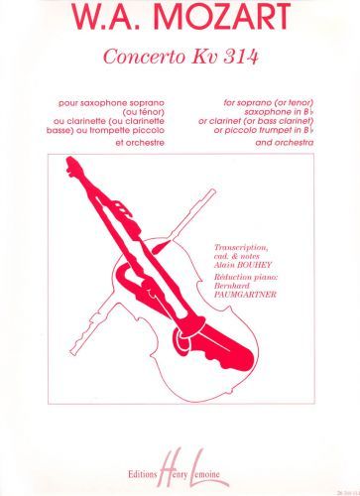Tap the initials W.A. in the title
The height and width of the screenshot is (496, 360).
(x=109, y=16)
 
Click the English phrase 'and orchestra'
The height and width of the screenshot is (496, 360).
(x=285, y=143)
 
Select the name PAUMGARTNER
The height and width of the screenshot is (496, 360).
(x=245, y=294)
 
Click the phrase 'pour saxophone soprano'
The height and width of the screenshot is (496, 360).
(x=112, y=103)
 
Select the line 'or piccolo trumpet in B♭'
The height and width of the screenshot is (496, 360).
(x=264, y=130)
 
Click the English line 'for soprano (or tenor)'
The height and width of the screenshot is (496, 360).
(x=268, y=103)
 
